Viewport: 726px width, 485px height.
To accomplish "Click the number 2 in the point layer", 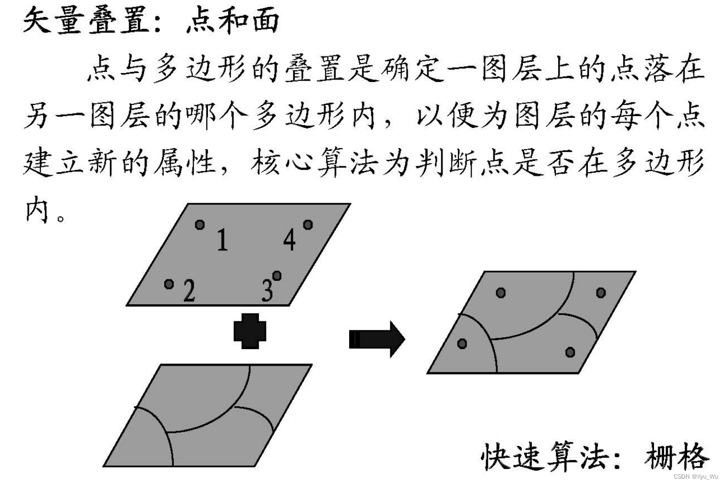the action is (x=189, y=290).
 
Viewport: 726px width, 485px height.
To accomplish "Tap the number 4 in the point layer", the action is (x=289, y=239).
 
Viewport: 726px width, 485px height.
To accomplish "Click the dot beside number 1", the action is (x=200, y=225).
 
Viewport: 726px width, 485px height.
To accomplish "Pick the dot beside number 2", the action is (x=170, y=284).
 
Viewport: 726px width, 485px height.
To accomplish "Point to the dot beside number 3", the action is (x=277, y=276).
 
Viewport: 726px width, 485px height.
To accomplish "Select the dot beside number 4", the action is (x=308, y=225).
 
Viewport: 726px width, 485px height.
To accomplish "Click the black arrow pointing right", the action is (x=376, y=339).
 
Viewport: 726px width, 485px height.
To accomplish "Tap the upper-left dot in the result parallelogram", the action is (x=501, y=293).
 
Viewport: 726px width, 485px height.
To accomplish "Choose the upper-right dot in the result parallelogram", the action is (x=601, y=293).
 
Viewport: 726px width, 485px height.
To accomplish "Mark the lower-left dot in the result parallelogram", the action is (x=462, y=344).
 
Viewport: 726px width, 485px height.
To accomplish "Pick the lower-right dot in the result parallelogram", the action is (x=570, y=352).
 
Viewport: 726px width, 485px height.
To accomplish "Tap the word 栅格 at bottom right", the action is (x=677, y=456).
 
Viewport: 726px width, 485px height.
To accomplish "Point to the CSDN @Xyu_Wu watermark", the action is (x=697, y=476).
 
